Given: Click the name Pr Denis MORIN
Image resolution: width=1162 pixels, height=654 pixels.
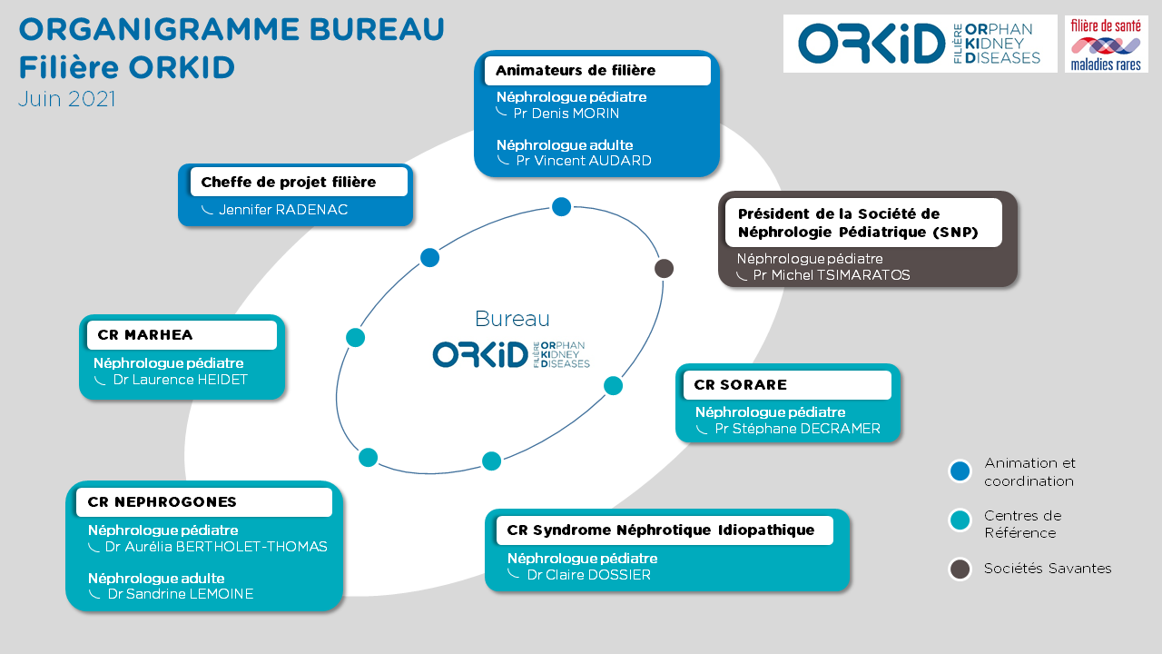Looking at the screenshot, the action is tap(566, 114).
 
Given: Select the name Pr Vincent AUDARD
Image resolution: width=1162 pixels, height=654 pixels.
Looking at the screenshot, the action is tap(584, 161).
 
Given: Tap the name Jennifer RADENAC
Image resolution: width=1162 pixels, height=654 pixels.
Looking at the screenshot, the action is tap(283, 210).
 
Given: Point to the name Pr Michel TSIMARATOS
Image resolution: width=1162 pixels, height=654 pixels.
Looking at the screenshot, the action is tap(831, 275).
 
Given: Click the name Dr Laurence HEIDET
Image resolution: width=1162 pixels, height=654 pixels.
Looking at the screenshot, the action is tap(180, 380).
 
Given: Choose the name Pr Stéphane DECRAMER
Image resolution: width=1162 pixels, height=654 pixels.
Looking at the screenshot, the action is tap(797, 429).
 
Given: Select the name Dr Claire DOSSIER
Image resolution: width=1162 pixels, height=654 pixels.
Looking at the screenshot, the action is tap(589, 575).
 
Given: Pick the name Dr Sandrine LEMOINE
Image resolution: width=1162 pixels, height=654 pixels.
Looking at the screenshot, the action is tap(181, 594).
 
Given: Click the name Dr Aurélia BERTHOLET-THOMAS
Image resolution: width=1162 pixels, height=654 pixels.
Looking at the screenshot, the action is tap(216, 547).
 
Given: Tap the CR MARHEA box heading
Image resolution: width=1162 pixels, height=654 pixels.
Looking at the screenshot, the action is tap(144, 335).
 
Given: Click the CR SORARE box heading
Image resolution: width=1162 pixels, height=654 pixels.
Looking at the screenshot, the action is tap(740, 385).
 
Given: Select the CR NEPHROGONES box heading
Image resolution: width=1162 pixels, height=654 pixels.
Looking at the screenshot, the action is tap(162, 502).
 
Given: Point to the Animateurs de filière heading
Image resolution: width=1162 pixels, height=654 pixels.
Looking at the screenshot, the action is tap(576, 71).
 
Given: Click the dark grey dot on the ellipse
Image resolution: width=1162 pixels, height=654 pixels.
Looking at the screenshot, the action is tap(664, 269).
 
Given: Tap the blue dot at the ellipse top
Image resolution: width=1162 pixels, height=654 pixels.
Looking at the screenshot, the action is tap(561, 207).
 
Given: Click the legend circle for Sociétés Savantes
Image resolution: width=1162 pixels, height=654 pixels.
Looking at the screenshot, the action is tap(960, 570).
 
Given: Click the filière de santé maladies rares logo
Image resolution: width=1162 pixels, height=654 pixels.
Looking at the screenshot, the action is tap(1106, 45).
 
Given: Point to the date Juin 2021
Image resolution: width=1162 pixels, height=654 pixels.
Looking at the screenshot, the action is tap(67, 99).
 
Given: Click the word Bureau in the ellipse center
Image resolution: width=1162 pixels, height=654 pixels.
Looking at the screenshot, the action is tap(512, 319).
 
